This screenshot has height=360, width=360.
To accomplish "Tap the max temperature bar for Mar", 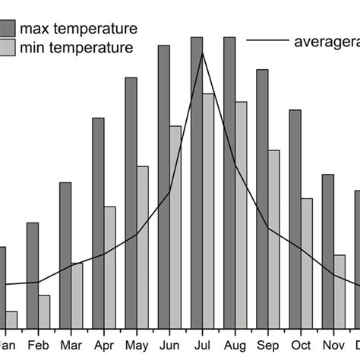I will click(x=65, y=255).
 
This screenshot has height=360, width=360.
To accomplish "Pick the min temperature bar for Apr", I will click(x=109, y=267).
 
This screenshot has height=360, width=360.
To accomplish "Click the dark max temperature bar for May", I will click(x=131, y=203).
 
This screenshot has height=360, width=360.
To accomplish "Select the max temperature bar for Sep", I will click(x=262, y=199).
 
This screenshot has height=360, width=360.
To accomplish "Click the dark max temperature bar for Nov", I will click(x=328, y=251).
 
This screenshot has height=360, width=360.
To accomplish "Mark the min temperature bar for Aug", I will click(x=241, y=214).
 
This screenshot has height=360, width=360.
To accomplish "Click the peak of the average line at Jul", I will click(x=202, y=53).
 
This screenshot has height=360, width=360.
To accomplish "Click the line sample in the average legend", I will click(x=267, y=40).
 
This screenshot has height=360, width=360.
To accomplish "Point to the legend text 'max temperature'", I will click(x=78, y=29).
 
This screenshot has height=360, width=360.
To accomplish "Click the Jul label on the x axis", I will click(x=202, y=343).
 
